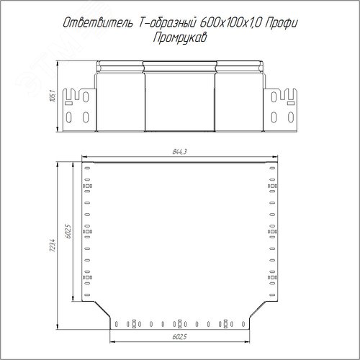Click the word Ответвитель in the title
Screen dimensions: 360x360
pos(98,23)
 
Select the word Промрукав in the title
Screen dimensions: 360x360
pos(180,38)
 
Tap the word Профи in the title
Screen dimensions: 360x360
pos(282,24)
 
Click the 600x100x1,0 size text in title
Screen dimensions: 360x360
pos(230,23)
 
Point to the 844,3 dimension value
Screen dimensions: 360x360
pos(179,152)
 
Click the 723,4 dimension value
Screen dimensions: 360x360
pos(53,246)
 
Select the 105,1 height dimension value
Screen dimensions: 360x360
pos(53,96)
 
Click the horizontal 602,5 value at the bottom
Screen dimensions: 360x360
pos(179,337)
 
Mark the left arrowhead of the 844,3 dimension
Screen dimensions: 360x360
pos(84,157)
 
